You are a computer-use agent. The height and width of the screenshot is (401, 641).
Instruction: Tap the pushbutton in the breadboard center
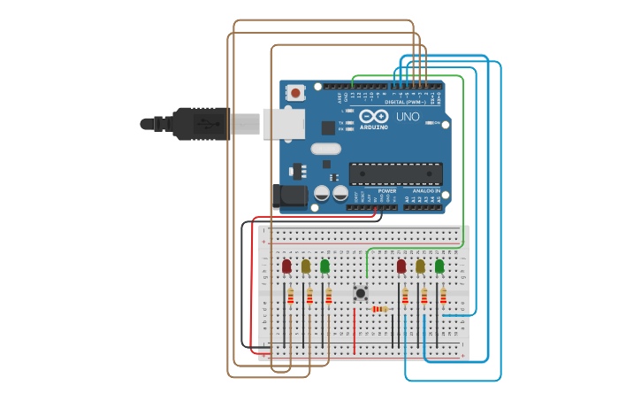point(360,292)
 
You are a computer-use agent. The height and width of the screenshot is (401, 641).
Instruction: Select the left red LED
point(286,266)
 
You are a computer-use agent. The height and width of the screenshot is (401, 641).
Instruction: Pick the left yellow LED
point(306,266)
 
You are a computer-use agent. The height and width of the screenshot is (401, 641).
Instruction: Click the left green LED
point(324,266)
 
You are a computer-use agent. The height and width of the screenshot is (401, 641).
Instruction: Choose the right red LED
point(401,266)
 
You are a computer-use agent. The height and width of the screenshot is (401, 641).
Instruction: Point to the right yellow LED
point(420,266)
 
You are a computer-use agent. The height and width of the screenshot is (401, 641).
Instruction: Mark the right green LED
point(439,266)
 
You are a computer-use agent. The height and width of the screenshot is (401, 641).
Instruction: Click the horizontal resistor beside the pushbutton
point(381,309)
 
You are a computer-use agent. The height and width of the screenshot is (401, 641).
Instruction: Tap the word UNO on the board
point(408,117)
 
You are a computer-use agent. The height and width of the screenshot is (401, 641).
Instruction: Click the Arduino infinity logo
point(374,116)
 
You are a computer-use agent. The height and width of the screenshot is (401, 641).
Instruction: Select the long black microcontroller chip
point(395,174)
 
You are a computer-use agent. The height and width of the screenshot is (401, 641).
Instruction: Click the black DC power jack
point(289,197)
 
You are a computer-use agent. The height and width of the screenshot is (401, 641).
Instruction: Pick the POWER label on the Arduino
point(387,190)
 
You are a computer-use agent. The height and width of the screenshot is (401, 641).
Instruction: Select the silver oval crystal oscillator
point(325,149)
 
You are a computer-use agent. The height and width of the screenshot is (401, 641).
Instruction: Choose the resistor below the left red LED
point(290,297)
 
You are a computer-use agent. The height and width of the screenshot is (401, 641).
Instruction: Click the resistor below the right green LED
point(443,297)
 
